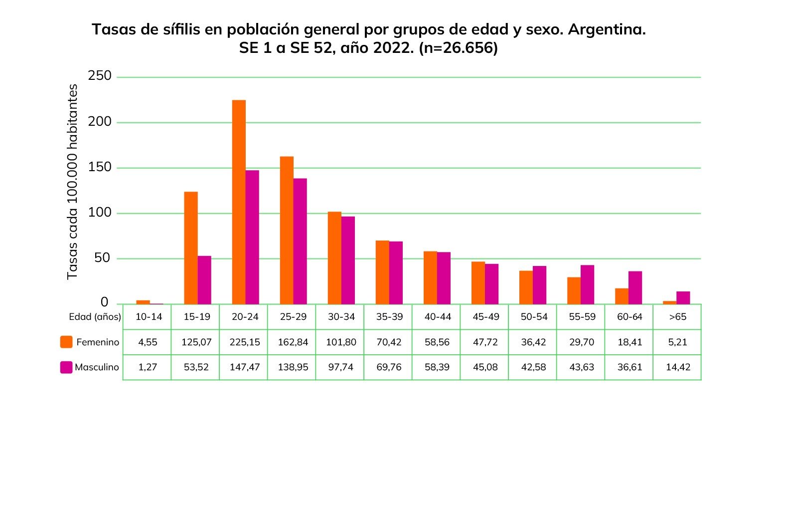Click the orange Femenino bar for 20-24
click(x=239, y=202)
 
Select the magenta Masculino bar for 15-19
click(x=204, y=280)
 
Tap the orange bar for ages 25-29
click(x=287, y=230)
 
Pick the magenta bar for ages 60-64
click(x=635, y=287)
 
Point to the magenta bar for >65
click(x=683, y=298)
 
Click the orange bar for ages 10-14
click(x=143, y=302)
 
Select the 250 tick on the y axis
click(x=100, y=76)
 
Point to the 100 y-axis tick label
click(x=100, y=213)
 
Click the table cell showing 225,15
click(x=245, y=342)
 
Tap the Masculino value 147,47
click(x=245, y=367)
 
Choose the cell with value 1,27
click(x=148, y=367)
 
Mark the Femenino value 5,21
click(x=678, y=342)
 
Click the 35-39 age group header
click(x=389, y=317)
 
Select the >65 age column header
click(x=678, y=317)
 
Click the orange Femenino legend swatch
click(x=66, y=342)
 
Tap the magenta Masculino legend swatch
click(x=66, y=367)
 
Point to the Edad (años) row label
click(x=95, y=317)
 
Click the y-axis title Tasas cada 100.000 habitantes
click(x=73, y=182)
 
